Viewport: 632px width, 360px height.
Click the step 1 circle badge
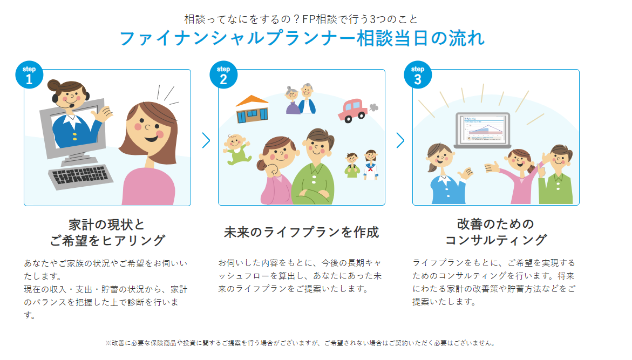tap(29, 74)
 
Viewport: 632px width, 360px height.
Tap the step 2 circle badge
tap(223, 74)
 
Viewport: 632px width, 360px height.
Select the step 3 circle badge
tap(418, 74)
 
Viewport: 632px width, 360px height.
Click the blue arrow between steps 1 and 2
tap(206, 140)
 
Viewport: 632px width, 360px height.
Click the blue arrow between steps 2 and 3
tap(400, 140)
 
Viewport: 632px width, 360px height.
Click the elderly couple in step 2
tap(300, 99)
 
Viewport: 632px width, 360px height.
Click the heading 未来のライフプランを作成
tap(302, 232)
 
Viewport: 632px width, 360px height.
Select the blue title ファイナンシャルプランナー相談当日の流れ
tap(302, 38)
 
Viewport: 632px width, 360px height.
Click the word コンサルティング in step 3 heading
tap(496, 240)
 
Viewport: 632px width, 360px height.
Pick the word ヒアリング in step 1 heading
tap(133, 241)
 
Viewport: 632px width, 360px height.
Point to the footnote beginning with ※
tap(300, 343)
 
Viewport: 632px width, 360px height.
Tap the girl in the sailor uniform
tap(370, 165)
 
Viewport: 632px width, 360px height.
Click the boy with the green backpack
tap(352, 165)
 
